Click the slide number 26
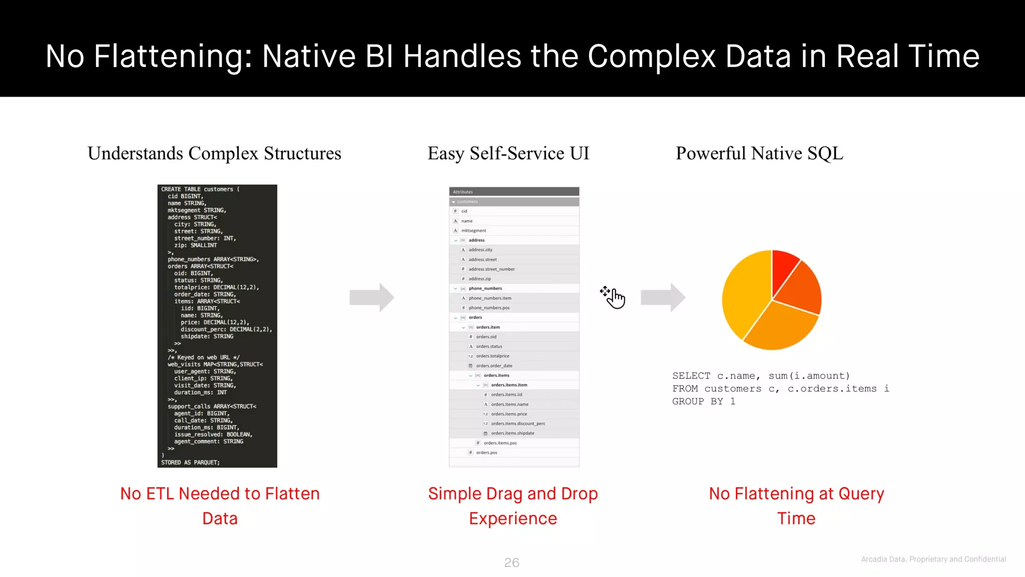(511, 562)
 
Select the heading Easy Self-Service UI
(508, 153)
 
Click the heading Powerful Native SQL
(759, 153)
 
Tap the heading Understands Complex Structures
(214, 153)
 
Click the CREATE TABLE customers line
(200, 189)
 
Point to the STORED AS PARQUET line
(190, 462)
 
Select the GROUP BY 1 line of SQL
(703, 401)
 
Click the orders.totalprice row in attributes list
(492, 356)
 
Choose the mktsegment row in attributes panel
(473, 230)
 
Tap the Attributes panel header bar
(514, 192)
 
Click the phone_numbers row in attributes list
(485, 288)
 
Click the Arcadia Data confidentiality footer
(933, 559)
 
